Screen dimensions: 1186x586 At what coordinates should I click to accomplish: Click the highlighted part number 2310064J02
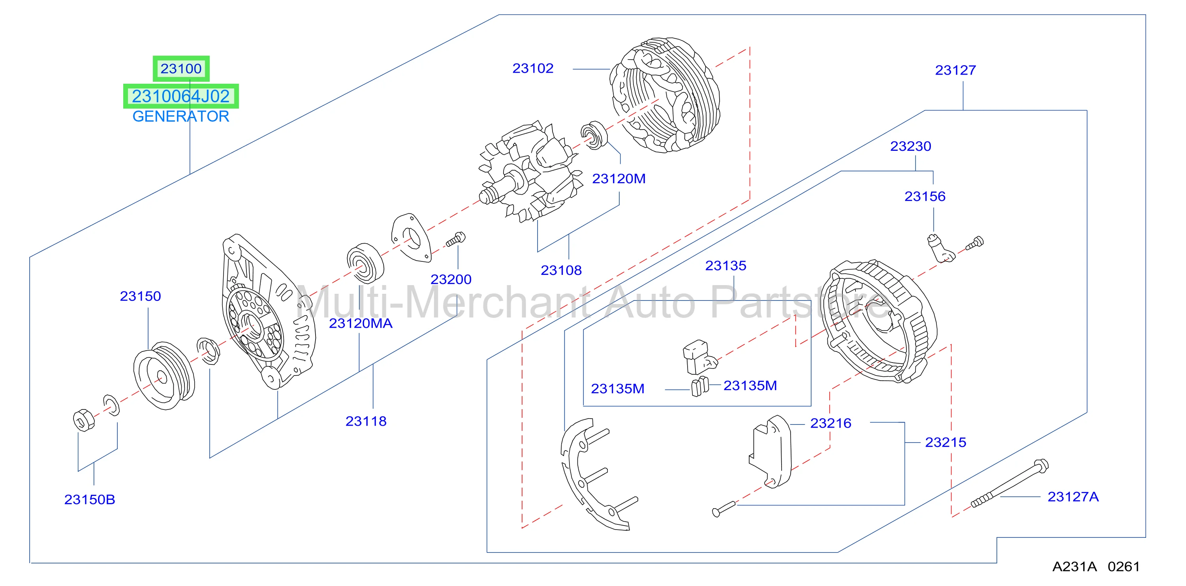pyautogui.click(x=180, y=96)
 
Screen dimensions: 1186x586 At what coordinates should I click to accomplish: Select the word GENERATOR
pyautogui.click(x=180, y=116)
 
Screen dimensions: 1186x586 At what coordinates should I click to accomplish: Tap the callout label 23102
pyautogui.click(x=533, y=69)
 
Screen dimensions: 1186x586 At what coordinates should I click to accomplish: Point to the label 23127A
pyautogui.click(x=1073, y=497)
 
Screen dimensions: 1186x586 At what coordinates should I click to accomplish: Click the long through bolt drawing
pyautogui.click(x=1010, y=483)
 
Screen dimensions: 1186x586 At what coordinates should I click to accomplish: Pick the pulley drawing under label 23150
pyautogui.click(x=164, y=376)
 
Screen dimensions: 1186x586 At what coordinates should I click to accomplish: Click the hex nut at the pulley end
pyautogui.click(x=84, y=420)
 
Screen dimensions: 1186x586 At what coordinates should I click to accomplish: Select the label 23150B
pyautogui.click(x=89, y=500)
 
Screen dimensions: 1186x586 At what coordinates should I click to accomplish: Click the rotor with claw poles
pyautogui.click(x=530, y=173)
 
